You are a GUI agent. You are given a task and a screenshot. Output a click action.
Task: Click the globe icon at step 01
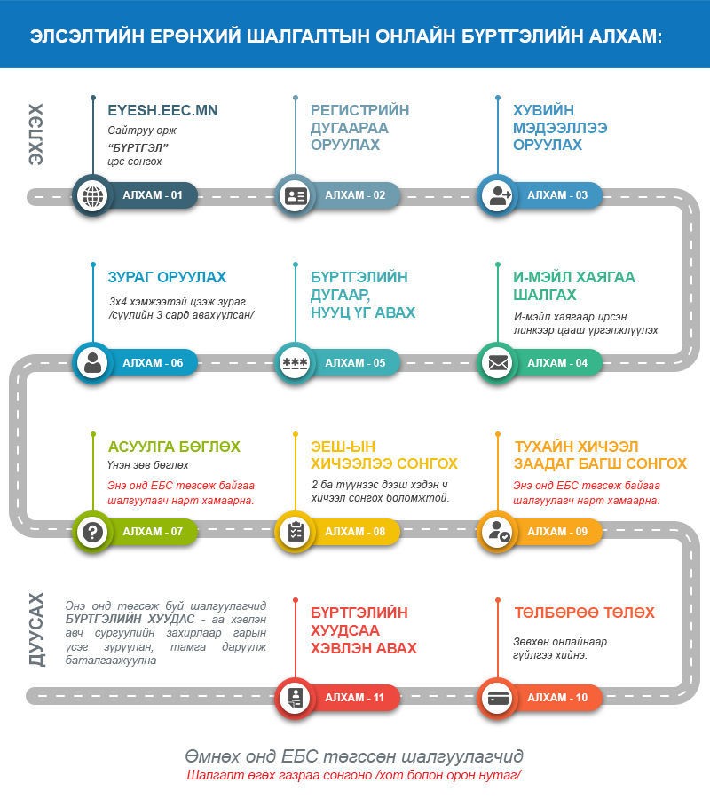(x=92, y=195)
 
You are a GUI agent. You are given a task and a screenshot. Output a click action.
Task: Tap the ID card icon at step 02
(x=296, y=195)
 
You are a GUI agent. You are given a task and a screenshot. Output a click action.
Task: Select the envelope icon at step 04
(x=498, y=363)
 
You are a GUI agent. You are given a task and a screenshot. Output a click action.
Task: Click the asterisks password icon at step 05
(x=296, y=363)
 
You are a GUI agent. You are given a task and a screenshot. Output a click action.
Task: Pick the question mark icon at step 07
(x=92, y=532)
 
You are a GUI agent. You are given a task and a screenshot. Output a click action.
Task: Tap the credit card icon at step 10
(x=498, y=698)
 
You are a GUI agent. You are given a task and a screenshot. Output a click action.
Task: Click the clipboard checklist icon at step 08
(x=296, y=532)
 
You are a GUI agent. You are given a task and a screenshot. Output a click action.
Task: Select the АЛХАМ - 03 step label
(x=557, y=195)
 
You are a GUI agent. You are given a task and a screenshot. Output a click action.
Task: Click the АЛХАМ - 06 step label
(x=153, y=363)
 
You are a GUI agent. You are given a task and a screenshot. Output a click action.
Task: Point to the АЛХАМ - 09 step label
(x=557, y=532)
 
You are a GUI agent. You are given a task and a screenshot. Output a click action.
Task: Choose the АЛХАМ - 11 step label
(x=355, y=698)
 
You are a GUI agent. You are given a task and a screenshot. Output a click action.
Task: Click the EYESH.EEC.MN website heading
(x=162, y=110)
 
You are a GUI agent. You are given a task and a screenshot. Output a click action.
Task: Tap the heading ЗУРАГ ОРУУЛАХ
(x=167, y=277)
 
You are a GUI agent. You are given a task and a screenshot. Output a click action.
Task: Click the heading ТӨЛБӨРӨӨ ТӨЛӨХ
(x=584, y=613)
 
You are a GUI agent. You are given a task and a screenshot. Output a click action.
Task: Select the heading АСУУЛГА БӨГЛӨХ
(x=174, y=447)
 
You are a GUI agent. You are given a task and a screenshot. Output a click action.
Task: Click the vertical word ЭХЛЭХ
(x=35, y=134)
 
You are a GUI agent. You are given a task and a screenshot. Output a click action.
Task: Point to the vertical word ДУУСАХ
(x=36, y=629)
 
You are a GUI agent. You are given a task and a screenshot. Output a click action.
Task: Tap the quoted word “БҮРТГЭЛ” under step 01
(x=138, y=147)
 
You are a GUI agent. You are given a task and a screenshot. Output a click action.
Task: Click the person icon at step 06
(x=92, y=363)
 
